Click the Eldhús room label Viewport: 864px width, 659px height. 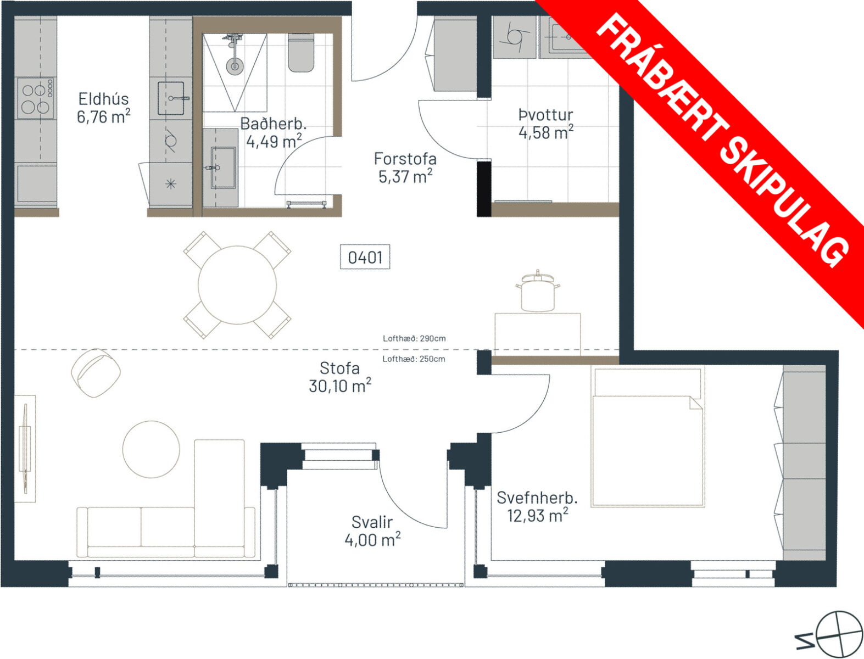point(103,99)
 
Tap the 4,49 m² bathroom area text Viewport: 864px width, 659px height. point(274,141)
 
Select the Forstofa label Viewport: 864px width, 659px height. point(405,159)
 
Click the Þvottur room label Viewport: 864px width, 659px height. point(545,115)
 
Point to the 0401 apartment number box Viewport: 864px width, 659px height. point(365,258)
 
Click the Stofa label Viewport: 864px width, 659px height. point(339,368)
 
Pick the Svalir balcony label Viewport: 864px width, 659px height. point(372,522)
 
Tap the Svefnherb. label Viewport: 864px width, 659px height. point(537,498)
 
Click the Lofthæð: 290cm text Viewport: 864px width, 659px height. point(414,338)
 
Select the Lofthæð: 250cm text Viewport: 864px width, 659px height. point(414,359)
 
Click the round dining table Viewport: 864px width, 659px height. point(237,285)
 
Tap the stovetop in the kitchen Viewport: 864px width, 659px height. point(35,98)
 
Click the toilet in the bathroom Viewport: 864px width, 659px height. point(301,53)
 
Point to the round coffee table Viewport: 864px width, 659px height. point(151,449)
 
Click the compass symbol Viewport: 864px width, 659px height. point(838,634)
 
